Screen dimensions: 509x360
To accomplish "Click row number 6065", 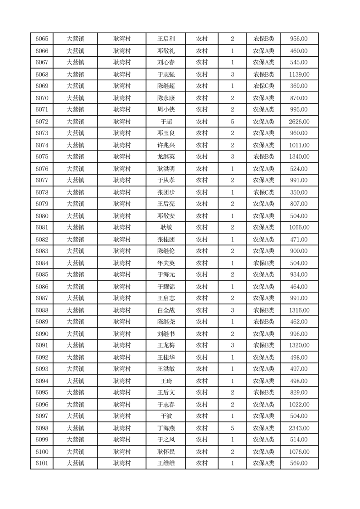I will click(42, 39).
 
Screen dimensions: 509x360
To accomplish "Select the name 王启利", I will click(166, 39).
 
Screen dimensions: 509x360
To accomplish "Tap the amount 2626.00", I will click(299, 122).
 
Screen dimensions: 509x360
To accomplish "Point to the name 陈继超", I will click(166, 86).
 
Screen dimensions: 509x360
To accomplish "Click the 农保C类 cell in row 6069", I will click(263, 86).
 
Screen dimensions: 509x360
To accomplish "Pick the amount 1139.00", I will click(299, 74).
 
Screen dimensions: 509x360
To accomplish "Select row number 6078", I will click(42, 192).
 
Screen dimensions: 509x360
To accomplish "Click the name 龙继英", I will click(166, 157).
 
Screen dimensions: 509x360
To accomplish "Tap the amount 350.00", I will click(299, 192).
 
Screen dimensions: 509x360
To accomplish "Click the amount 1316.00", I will click(299, 310).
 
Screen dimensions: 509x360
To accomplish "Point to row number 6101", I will click(42, 463).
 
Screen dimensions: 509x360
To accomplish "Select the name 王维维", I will click(166, 463).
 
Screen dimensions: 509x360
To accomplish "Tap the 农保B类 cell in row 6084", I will click(263, 263).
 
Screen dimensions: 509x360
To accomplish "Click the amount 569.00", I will click(299, 463).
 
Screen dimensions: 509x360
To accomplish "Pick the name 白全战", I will click(166, 310).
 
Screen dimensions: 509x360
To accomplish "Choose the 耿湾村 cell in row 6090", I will click(122, 334).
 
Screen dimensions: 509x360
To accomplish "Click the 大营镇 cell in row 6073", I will click(75, 133).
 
